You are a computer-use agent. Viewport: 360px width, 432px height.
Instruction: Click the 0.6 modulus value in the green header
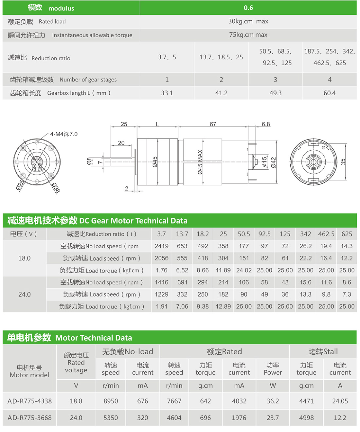point(248,8)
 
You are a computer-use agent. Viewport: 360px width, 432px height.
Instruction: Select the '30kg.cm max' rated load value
point(248,21)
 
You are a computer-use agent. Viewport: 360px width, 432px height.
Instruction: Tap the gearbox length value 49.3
point(275,93)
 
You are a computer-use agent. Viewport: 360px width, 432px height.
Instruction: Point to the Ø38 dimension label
point(56,188)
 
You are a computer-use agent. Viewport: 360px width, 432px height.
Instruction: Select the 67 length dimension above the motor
point(213,124)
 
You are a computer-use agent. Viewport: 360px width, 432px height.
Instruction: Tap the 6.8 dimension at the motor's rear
point(266,124)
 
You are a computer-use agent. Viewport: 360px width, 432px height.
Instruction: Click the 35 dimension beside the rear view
point(343,162)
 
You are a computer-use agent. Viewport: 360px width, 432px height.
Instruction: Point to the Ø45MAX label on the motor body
point(200,162)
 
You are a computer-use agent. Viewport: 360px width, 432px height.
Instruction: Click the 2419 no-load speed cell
point(162,246)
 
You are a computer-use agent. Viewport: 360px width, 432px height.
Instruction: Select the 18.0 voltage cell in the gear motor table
point(25,258)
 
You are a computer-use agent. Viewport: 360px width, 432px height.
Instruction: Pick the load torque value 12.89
point(223,307)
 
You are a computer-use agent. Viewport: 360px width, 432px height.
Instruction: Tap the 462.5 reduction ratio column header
point(326,234)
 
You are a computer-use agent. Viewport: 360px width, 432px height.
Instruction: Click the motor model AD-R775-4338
point(29,401)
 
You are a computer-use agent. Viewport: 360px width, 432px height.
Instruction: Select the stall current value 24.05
point(340,401)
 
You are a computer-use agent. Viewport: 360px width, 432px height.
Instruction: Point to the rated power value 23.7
point(273,418)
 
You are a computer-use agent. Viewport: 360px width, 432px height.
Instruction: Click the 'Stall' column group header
point(323,352)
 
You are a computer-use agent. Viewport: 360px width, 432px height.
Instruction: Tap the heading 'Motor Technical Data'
point(94,338)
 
